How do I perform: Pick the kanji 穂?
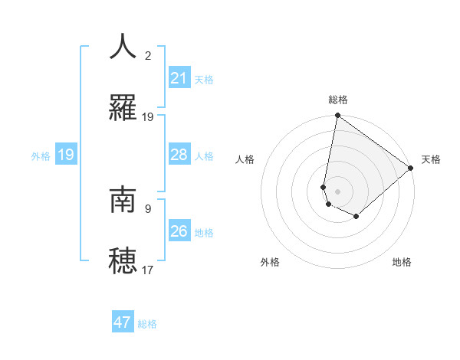coord(123,260)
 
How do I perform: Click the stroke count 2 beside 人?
coord(148,55)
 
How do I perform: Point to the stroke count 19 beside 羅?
coord(148,117)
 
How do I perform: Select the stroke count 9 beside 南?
coord(148,208)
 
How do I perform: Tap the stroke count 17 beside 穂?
coord(148,270)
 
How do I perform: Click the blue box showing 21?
coord(179,78)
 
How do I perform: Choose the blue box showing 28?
coord(179,155)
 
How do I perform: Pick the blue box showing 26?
coord(179,231)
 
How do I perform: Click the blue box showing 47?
coord(123,322)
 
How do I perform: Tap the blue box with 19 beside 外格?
coord(66,155)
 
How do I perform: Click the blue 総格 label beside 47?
coord(147,324)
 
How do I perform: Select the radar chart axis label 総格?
coord(338,100)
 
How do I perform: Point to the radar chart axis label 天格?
coord(431,160)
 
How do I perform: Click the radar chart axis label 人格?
coord(245,160)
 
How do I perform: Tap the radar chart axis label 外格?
coord(270,262)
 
